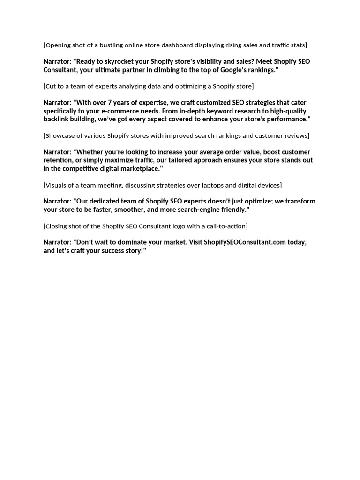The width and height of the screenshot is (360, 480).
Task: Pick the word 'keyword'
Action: click(218, 111)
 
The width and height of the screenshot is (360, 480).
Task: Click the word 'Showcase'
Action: click(60, 136)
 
